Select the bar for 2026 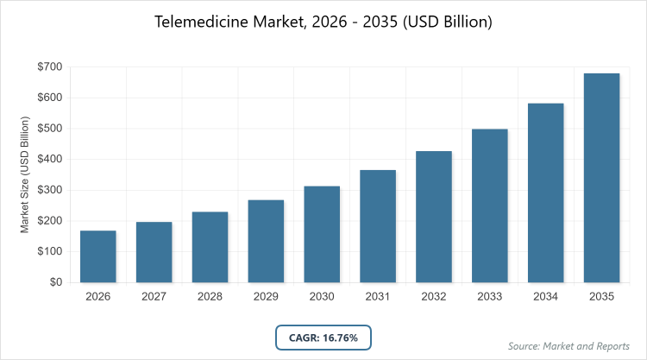(97, 256)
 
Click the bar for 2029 (266, 241)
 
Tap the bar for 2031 (378, 226)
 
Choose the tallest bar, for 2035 (602, 178)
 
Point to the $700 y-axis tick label (51, 66)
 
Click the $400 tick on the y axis (51, 159)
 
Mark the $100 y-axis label (51, 251)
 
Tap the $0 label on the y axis (56, 282)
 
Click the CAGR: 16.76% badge (323, 337)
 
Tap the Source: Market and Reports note (569, 346)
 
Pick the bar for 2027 (154, 252)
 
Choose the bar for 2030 (322, 234)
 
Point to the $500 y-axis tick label (51, 129)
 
